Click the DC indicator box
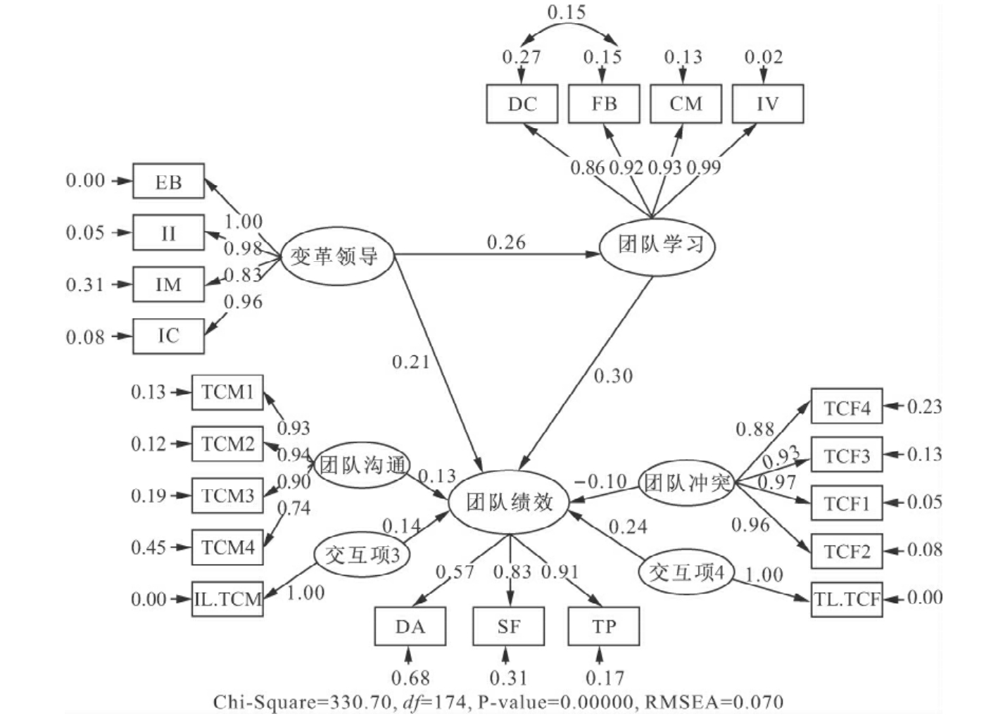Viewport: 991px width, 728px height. coord(522,104)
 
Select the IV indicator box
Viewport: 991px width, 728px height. coord(767,104)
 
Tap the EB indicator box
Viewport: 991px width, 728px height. coord(168,182)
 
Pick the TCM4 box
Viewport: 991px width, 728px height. coord(227,547)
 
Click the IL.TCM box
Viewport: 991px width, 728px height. coord(227,599)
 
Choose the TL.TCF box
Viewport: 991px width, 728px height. coord(846,599)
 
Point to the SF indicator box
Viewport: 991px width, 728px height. coord(508,626)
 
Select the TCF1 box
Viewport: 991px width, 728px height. coord(846,503)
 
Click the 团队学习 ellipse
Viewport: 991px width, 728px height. coord(657,246)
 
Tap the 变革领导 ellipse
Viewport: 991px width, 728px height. coord(336,256)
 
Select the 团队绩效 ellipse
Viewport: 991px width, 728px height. coord(509,502)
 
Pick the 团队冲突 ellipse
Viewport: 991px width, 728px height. coord(685,483)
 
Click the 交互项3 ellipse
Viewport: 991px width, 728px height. coord(362,555)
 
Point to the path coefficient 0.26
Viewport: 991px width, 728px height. coord(506,242)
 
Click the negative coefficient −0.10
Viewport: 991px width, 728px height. coord(600,482)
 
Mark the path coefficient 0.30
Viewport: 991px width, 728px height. coord(613,376)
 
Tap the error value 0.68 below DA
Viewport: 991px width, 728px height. coord(410,678)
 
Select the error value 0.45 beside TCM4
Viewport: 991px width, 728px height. coord(149,547)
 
